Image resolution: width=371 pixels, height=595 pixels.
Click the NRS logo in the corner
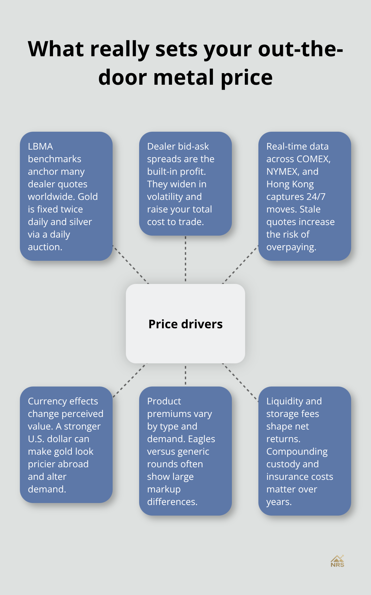(337, 562)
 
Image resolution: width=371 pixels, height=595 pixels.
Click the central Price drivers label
(185, 324)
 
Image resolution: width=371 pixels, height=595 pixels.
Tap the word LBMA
(40, 146)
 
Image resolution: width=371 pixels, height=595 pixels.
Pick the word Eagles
(201, 439)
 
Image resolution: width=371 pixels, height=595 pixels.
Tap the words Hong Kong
(290, 184)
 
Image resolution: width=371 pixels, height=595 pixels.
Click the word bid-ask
(192, 147)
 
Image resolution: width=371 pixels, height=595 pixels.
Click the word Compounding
(297, 452)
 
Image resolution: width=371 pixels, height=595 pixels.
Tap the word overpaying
(291, 247)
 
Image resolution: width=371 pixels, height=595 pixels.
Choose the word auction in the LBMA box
(44, 247)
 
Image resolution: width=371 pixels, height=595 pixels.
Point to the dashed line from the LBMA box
(131, 264)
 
